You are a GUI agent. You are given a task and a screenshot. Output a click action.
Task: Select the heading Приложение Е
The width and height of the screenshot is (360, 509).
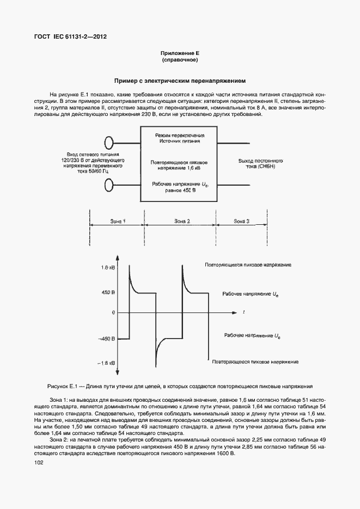click(180, 53)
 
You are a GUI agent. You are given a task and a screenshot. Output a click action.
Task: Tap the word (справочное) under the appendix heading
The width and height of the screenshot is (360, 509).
click(180, 60)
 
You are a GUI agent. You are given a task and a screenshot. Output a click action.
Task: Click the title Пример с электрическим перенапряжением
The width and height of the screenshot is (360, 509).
click(180, 79)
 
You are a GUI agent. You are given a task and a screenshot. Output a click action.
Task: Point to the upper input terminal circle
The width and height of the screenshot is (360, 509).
click(110, 143)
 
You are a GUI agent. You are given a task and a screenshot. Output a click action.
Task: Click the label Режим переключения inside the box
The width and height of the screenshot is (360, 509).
click(180, 134)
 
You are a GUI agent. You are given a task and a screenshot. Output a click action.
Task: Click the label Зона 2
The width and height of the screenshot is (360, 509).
click(182, 220)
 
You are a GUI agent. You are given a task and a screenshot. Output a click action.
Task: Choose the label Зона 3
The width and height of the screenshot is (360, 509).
click(241, 220)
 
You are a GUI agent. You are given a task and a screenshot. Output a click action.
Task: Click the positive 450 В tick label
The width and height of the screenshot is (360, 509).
click(108, 293)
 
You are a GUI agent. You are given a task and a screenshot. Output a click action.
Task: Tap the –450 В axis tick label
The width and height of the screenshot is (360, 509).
click(107, 339)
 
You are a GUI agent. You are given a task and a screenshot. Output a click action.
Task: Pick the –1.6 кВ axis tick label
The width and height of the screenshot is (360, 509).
click(107, 363)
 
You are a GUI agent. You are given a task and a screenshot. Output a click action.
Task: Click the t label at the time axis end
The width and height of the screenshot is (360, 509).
click(243, 311)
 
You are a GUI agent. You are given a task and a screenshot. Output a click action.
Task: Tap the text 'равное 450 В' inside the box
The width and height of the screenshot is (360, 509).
click(179, 191)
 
